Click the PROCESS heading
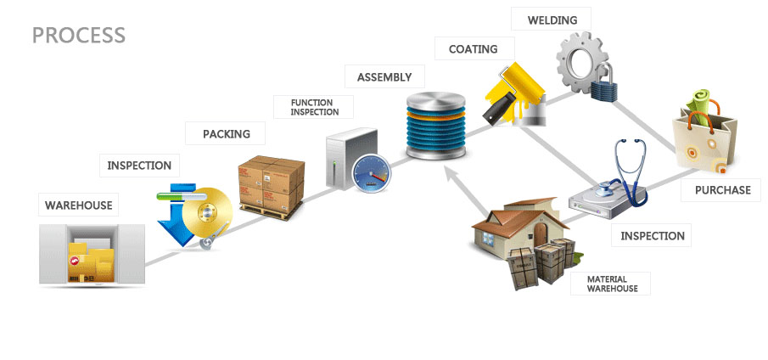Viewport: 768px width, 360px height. tap(78, 36)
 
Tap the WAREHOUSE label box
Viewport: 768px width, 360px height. tap(78, 205)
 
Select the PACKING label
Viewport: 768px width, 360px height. tap(226, 133)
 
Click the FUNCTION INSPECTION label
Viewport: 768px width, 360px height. tap(314, 107)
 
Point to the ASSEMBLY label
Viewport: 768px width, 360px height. tap(384, 77)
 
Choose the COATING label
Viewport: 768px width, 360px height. tap(473, 49)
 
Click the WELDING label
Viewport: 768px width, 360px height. tap(552, 20)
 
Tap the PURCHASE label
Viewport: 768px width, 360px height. tap(722, 189)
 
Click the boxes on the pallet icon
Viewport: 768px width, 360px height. tap(272, 183)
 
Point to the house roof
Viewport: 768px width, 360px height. tap(510, 219)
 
